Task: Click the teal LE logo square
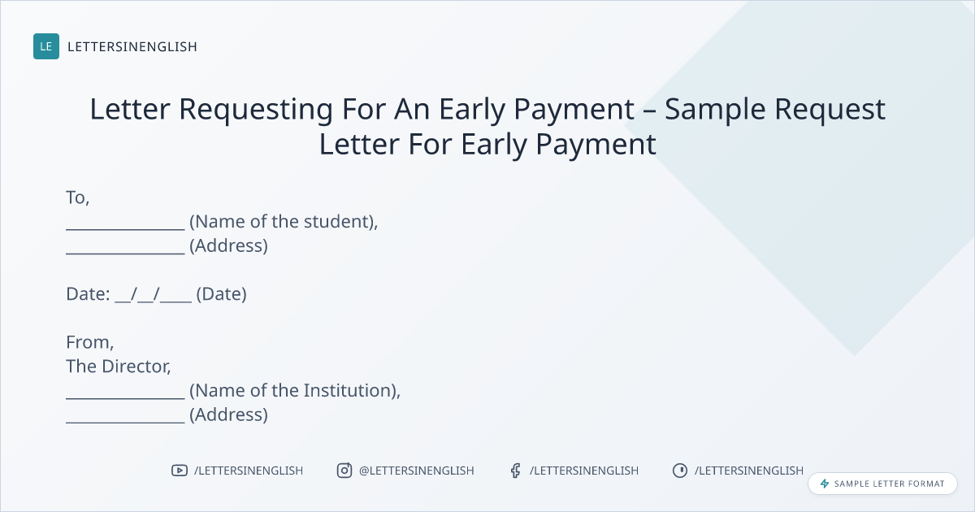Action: [x=46, y=46]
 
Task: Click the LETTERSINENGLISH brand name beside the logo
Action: [x=132, y=46]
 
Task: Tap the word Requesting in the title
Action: [x=256, y=109]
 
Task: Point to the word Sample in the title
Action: [x=715, y=109]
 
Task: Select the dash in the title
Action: [x=649, y=111]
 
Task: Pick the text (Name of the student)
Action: [x=284, y=222]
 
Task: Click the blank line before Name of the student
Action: [x=125, y=229]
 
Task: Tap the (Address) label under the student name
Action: [x=228, y=245]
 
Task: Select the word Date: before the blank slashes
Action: [x=88, y=294]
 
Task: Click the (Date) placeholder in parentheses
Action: [x=222, y=294]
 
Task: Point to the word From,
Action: [x=90, y=342]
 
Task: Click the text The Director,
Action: [x=119, y=367]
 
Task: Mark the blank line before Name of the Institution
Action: [x=125, y=398]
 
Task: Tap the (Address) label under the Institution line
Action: [x=228, y=414]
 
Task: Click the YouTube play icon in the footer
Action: [x=180, y=471]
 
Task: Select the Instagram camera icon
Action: [x=344, y=471]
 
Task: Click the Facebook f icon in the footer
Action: [x=516, y=471]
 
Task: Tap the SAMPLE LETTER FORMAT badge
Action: [x=882, y=484]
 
